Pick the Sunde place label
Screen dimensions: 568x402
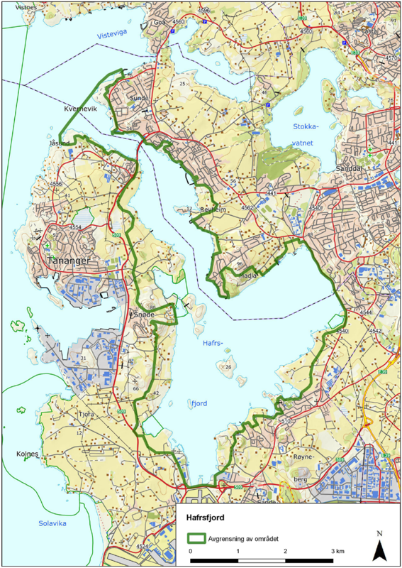(136, 99)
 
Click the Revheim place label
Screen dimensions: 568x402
(213, 210)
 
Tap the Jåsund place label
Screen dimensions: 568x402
(60, 142)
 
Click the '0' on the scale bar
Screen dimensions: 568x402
(191, 551)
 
